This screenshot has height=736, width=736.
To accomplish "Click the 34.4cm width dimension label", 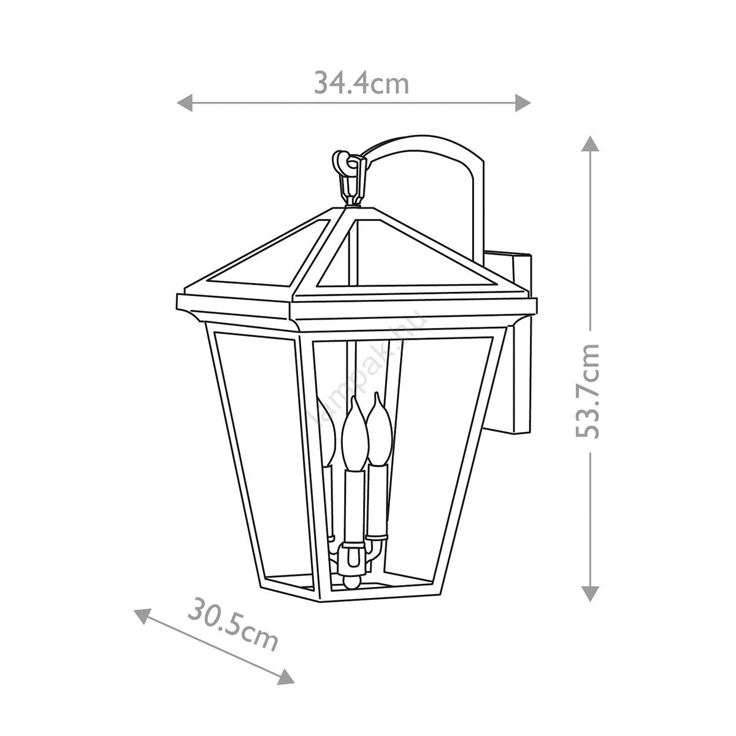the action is (361, 84).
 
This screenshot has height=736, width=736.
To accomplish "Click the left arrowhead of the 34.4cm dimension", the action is (185, 103).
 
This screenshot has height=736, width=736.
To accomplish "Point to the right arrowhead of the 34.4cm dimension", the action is (523, 103).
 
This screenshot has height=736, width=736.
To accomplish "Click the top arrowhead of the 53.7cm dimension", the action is (591, 144).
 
